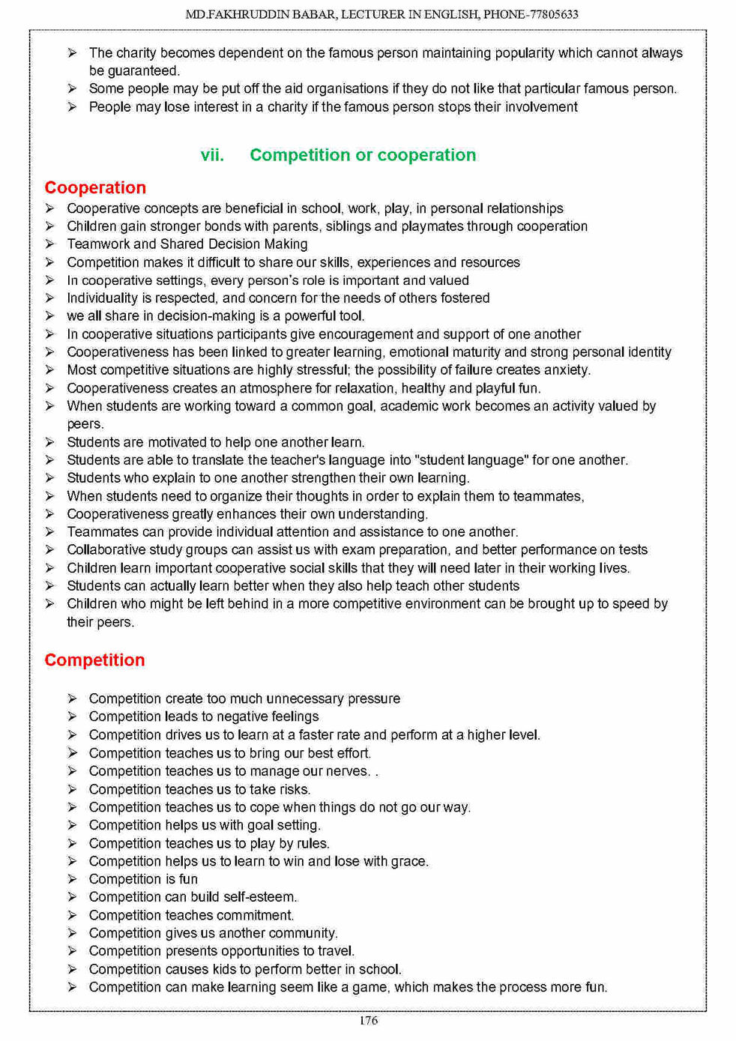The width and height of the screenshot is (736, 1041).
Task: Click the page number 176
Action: pyautogui.click(x=368, y=1020)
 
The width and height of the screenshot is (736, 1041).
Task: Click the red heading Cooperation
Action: pyautogui.click(x=95, y=187)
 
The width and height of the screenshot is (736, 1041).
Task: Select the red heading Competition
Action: pyautogui.click(x=94, y=660)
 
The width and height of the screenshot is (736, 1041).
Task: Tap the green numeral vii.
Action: pyautogui.click(x=212, y=155)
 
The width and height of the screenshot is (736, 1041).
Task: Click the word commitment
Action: pyautogui.click(x=257, y=915)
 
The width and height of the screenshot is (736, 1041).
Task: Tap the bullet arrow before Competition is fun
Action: pyautogui.click(x=72, y=879)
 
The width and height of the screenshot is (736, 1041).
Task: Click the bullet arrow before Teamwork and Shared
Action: pyautogui.click(x=49, y=244)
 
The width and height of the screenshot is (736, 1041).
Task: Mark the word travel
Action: pyautogui.click(x=337, y=951)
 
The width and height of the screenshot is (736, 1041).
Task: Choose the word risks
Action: pyautogui.click(x=293, y=789)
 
